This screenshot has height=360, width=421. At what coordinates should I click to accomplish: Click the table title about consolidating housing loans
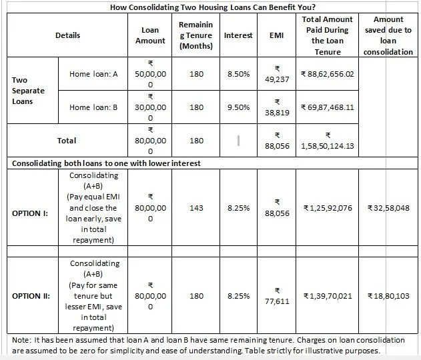[210, 7]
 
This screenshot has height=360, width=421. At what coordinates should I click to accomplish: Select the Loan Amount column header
[150, 35]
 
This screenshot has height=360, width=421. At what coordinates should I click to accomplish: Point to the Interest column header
[238, 35]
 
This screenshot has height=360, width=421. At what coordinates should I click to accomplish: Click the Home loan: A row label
[93, 74]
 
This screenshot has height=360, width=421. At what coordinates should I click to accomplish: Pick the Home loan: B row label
[93, 107]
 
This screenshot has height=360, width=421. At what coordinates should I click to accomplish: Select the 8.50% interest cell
[238, 74]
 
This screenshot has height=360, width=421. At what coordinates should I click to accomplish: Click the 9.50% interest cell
[238, 107]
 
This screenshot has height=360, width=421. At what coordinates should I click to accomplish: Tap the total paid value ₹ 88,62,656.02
[328, 74]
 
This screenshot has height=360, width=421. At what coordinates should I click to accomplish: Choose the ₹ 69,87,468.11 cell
[328, 107]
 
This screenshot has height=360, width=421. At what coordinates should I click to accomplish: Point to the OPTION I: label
[30, 213]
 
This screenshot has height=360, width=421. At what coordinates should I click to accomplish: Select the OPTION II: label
[31, 296]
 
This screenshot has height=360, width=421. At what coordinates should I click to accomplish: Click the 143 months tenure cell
[196, 208]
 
